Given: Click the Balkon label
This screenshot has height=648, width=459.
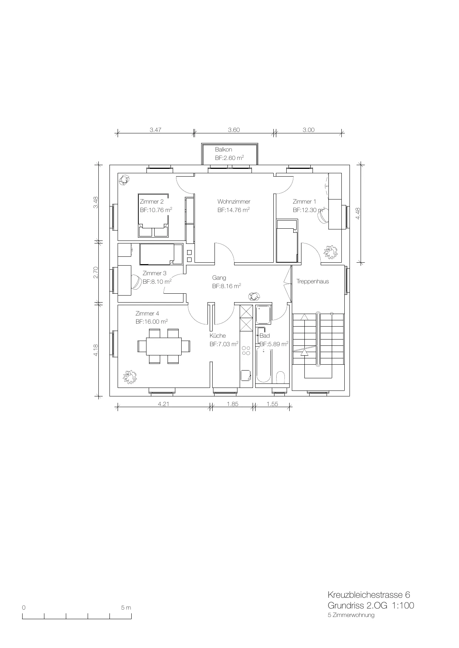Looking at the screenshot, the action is (x=223, y=150).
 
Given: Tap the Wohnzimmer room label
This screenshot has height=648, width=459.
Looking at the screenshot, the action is (x=234, y=202).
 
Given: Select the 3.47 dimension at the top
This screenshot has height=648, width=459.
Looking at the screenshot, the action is (x=155, y=130).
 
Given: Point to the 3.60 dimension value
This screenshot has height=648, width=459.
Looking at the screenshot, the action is (x=234, y=130).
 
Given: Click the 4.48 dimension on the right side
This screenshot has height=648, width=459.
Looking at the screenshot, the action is (x=358, y=213).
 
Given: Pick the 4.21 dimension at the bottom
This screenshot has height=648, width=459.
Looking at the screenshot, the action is (x=163, y=404).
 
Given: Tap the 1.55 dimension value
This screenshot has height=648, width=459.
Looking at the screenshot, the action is (x=272, y=404).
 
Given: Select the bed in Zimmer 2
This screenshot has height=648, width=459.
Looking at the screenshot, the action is (x=153, y=215).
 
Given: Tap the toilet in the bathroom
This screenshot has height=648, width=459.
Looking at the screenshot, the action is (x=281, y=378).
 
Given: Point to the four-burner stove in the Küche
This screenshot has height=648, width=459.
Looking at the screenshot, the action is (x=246, y=351).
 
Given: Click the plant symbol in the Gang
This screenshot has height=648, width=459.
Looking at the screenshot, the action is (x=254, y=296).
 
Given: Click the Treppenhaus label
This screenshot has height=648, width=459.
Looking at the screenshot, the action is (x=313, y=282).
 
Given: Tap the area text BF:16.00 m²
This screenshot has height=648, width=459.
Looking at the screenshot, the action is (x=152, y=322).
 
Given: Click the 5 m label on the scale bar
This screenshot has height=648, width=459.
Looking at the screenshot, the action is (x=126, y=607).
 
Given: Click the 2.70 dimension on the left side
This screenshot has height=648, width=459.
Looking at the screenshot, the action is (x=96, y=273).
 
